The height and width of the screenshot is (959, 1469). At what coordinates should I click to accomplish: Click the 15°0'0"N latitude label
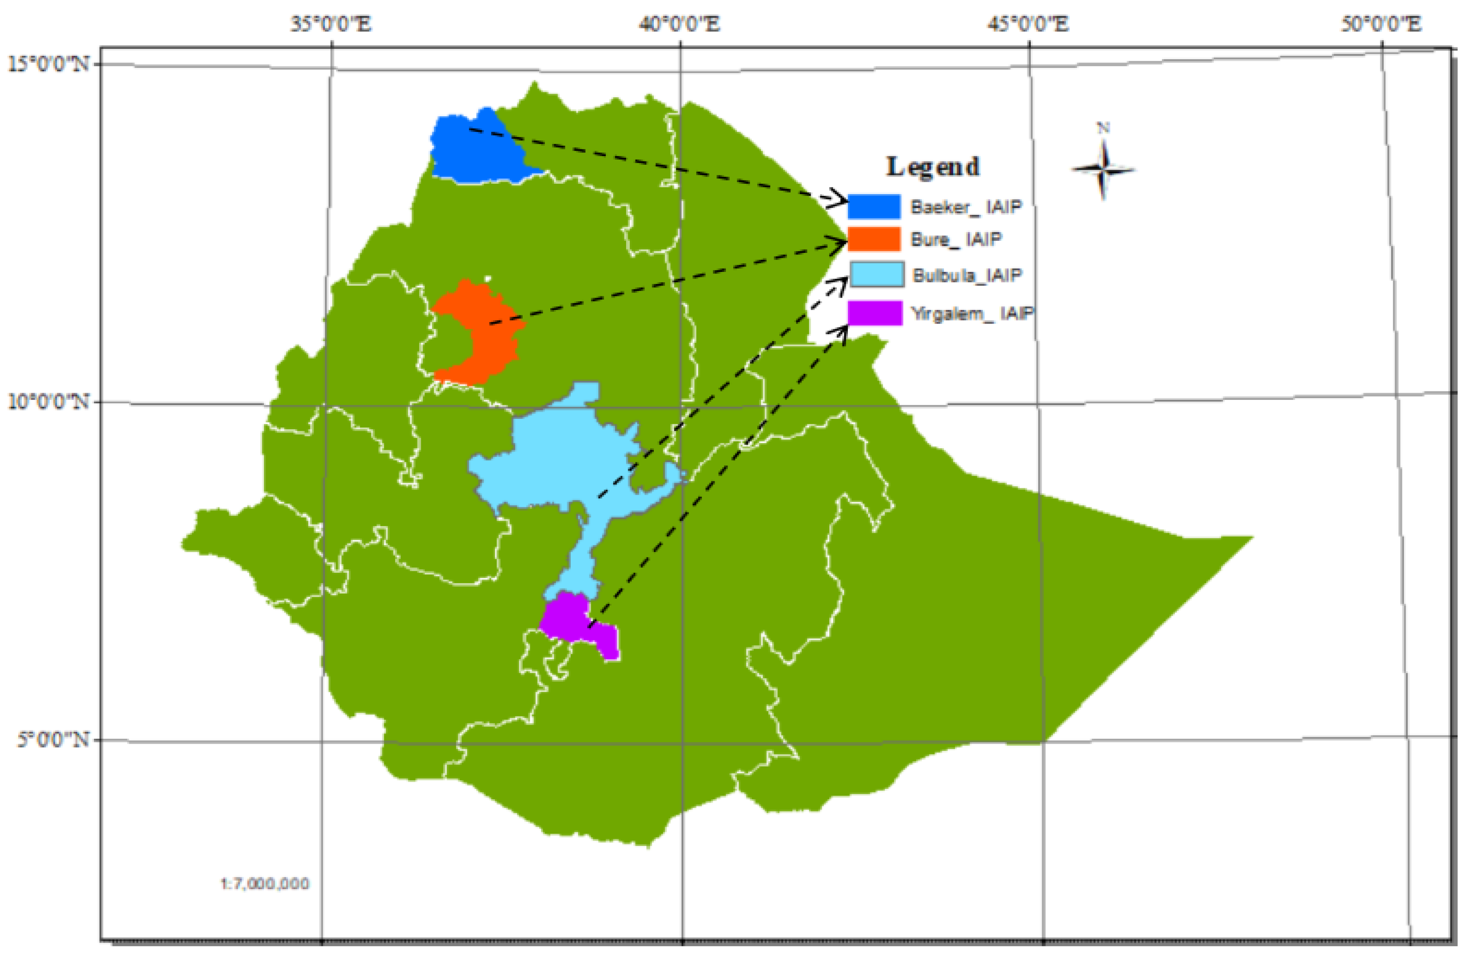click(x=48, y=64)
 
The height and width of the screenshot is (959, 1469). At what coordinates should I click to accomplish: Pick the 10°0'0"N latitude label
click(x=48, y=402)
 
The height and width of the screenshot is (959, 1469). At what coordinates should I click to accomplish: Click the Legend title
click(x=933, y=167)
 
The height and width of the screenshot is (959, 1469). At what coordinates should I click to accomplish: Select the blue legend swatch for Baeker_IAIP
click(x=874, y=206)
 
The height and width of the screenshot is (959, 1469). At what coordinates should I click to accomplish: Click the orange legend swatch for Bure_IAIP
click(x=874, y=239)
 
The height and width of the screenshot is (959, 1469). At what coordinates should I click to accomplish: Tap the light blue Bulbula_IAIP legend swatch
click(x=876, y=274)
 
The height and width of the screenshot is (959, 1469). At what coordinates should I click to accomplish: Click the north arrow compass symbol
click(x=1103, y=168)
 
